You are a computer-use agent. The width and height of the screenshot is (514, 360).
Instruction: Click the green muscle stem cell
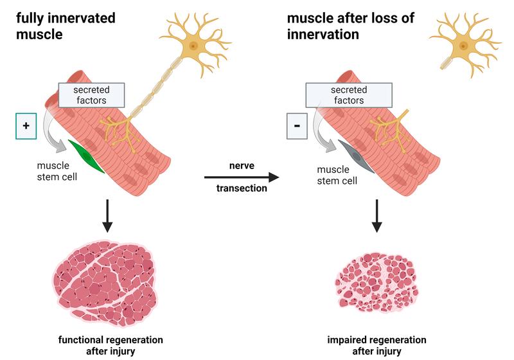(87, 157)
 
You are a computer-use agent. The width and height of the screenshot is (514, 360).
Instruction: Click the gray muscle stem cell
(357, 157)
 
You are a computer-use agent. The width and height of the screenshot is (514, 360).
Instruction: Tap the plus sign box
(26, 125)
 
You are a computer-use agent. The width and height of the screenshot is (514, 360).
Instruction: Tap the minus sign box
(297, 125)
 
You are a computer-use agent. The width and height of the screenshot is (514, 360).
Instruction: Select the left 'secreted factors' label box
(90, 94)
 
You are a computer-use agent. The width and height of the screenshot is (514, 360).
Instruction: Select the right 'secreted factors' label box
(348, 94)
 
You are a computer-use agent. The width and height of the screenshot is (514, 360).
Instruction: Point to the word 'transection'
(242, 190)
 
